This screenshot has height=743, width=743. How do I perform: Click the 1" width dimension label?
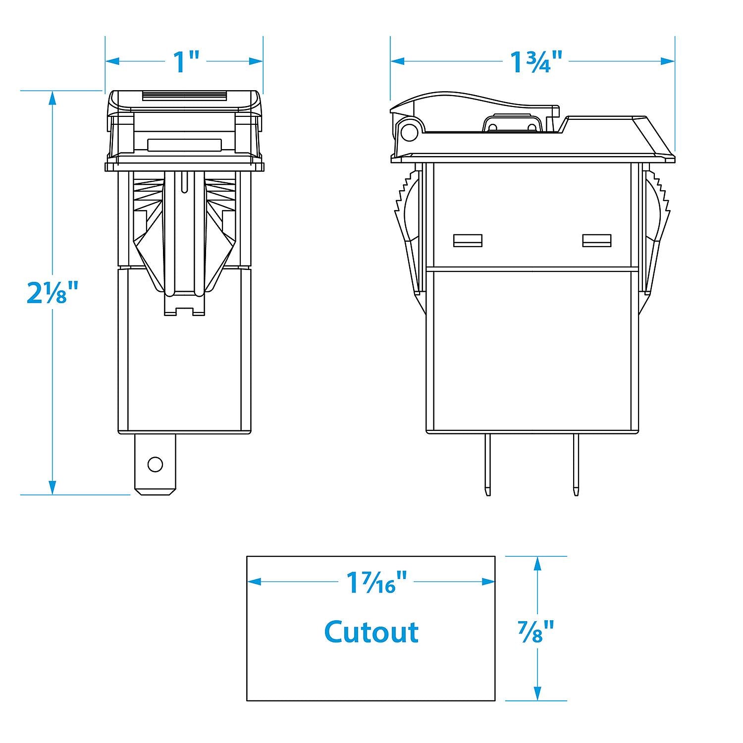(x=186, y=61)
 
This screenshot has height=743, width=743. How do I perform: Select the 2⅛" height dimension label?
(x=53, y=292)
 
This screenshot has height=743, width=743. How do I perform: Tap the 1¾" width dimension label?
(x=536, y=61)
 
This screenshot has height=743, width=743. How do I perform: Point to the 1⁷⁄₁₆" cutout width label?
(x=377, y=582)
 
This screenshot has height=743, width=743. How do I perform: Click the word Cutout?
(x=371, y=632)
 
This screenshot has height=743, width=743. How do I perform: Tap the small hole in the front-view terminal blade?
(x=155, y=464)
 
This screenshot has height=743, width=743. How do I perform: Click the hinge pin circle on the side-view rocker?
(x=409, y=132)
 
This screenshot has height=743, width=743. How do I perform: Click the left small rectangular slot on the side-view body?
(x=468, y=240)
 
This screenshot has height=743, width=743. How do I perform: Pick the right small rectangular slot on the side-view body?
(x=597, y=240)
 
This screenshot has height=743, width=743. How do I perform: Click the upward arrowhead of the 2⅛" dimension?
(x=53, y=99)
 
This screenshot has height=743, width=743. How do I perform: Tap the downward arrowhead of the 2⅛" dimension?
(x=53, y=487)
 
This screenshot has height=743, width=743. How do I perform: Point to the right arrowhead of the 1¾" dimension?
(x=668, y=61)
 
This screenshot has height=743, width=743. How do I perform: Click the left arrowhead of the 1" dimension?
(x=112, y=61)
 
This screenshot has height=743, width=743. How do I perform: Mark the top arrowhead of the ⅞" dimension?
(x=537, y=563)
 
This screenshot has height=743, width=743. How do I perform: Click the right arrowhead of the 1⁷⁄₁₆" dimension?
(x=488, y=582)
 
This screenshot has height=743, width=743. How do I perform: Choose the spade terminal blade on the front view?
(x=155, y=465)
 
